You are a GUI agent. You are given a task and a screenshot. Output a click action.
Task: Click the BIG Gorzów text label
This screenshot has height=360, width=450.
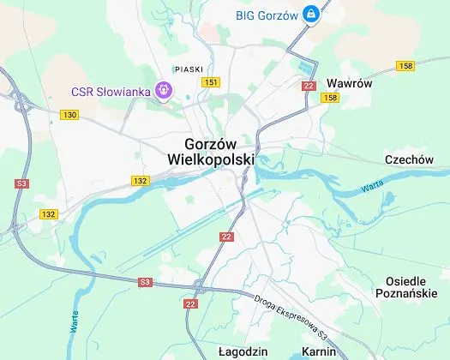point(267,15)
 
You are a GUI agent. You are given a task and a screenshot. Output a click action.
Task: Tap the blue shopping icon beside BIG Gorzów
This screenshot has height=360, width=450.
point(311,15)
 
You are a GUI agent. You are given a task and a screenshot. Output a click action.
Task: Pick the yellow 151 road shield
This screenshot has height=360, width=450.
point(212,81)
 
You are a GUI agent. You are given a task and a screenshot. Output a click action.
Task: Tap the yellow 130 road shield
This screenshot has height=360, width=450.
point(70,114)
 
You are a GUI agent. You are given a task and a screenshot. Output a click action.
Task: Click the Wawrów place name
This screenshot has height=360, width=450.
point(347,83)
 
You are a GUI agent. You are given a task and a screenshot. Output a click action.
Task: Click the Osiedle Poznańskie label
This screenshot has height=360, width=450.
point(412,287)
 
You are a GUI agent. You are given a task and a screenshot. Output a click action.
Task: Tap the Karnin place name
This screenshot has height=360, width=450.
point(318,352)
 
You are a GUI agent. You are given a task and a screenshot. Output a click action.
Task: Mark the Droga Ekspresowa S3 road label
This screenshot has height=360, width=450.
point(292,315)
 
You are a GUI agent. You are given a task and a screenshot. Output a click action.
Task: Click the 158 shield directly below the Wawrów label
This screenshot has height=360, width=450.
point(331,98)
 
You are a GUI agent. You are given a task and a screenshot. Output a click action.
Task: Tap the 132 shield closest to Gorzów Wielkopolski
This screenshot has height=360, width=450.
point(141,180)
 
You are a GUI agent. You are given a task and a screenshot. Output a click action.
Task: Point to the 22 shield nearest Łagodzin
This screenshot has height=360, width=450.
point(190,304)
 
